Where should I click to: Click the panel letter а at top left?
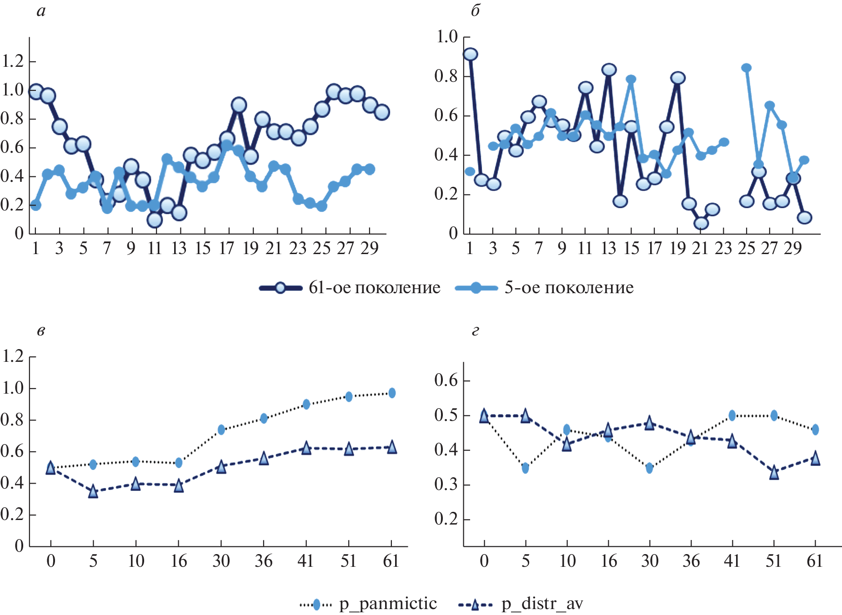pos(41,11)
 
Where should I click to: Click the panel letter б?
pos(475,11)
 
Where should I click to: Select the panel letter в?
pos(41,330)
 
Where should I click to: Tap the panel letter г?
pos(475,330)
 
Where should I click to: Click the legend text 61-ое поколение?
pos(374,288)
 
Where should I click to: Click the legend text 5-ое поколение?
pos(569,288)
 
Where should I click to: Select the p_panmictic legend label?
pos(388,604)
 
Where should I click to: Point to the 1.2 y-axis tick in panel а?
pos(13,61)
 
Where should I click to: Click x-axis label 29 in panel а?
pos(369,248)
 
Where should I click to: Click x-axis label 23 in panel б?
pos(723,248)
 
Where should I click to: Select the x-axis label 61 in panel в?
pos(391,561)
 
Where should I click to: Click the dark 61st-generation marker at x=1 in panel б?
pos(471,54)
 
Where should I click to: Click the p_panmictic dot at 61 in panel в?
pos(392,393)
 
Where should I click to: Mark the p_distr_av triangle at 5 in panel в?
pos(93,491)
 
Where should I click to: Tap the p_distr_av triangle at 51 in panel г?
pos(774,473)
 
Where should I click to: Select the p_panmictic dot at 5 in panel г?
pos(526,468)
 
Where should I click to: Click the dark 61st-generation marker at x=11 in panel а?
pos(155,220)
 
